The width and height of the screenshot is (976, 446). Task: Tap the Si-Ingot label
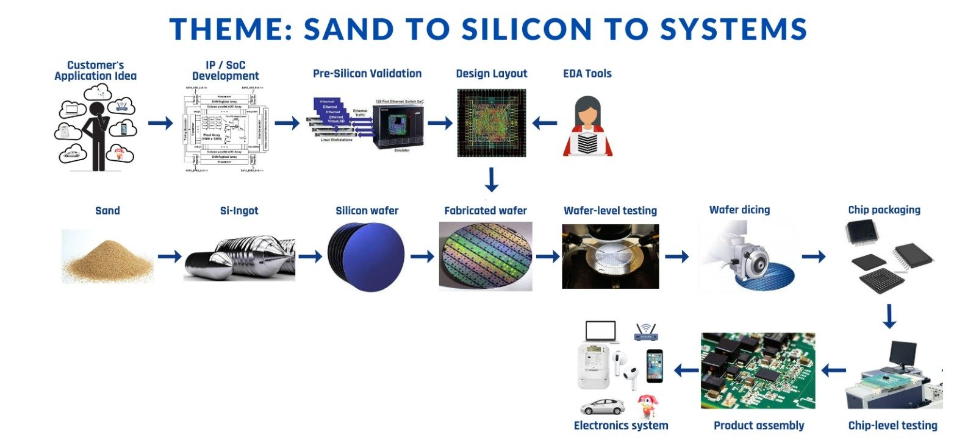point(239,211)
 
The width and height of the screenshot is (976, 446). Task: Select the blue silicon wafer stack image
point(365,256)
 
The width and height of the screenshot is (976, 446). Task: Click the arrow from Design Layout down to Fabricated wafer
point(491,180)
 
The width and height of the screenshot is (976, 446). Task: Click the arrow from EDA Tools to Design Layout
point(544,124)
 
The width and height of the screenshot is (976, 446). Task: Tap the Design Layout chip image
point(492,123)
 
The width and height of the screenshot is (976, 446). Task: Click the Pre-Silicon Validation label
point(367,74)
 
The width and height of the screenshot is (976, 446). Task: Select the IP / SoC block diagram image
point(226,129)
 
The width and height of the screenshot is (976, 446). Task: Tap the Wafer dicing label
point(739,210)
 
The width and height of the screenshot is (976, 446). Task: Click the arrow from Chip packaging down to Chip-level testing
point(889,316)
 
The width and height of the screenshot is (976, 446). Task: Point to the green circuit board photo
point(758,370)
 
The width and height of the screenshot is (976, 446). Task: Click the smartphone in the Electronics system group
point(655,366)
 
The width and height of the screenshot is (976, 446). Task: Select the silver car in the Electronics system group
point(601,406)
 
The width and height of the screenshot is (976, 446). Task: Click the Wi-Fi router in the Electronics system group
point(645,333)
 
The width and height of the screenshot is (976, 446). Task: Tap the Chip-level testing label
point(892,426)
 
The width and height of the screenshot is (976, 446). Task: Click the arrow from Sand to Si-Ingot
point(170,257)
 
